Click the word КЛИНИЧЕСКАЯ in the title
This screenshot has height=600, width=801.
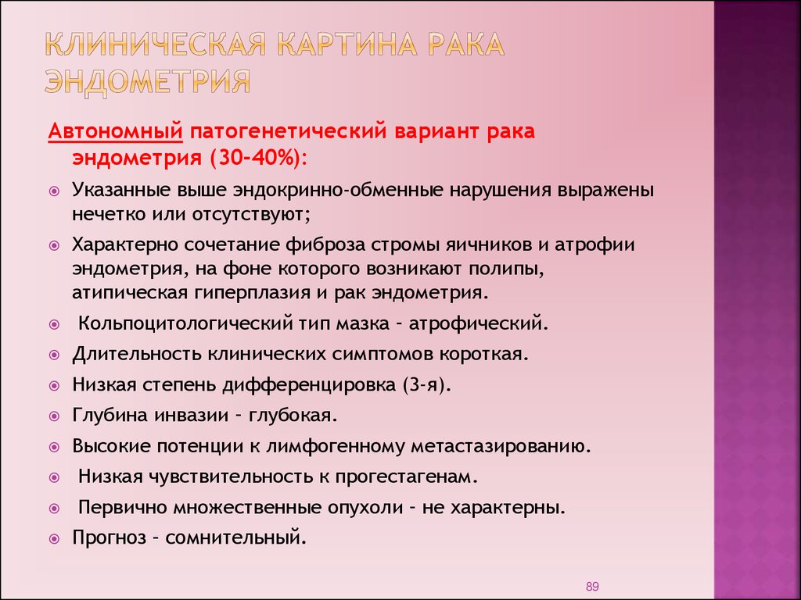(x=156, y=45)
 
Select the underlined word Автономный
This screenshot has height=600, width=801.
(x=116, y=131)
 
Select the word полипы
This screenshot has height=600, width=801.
(x=506, y=269)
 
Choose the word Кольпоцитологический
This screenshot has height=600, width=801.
(x=185, y=323)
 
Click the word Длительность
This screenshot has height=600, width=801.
(x=136, y=354)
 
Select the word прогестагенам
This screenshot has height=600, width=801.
(x=407, y=477)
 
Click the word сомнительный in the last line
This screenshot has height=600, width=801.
(x=236, y=537)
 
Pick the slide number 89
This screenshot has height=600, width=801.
(x=592, y=587)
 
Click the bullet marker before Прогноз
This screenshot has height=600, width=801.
(x=54, y=539)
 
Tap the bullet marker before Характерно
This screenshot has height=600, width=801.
(x=54, y=245)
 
